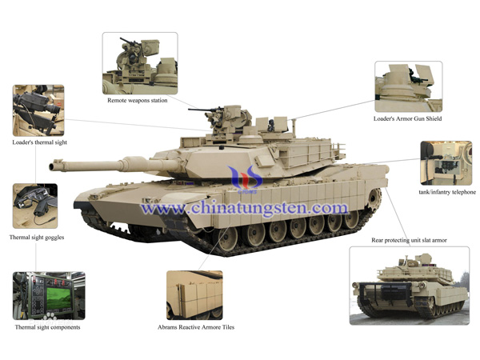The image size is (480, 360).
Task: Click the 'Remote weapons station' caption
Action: (x=137, y=101)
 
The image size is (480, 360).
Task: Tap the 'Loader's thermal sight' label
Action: (x=39, y=142)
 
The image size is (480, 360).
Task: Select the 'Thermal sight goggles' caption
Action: (x=37, y=238)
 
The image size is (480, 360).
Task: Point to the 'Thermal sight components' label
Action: (x=47, y=327)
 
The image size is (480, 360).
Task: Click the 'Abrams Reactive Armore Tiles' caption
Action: (x=196, y=327)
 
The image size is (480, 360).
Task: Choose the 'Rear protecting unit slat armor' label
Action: (x=409, y=240)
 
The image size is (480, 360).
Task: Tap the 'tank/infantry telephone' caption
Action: (x=447, y=192)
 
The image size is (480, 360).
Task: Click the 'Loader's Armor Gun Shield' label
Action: (x=407, y=118)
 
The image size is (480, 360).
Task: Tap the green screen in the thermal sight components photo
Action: (x=58, y=298)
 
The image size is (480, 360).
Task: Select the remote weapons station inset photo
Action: (x=140, y=63)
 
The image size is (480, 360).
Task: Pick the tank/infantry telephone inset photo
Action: (x=446, y=163)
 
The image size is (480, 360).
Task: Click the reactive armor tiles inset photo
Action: (x=194, y=295)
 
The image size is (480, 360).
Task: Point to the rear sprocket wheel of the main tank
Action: (x=374, y=198)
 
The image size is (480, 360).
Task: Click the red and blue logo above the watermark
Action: (x=245, y=180)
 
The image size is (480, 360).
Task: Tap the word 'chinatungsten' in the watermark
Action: (x=248, y=209)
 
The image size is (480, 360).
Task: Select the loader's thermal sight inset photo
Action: (x=38, y=110)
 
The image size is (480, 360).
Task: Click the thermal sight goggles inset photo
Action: (x=35, y=206)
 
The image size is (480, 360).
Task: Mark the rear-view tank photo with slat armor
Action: (x=410, y=286)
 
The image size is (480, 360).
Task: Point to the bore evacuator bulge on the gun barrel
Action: (x=134, y=164)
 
